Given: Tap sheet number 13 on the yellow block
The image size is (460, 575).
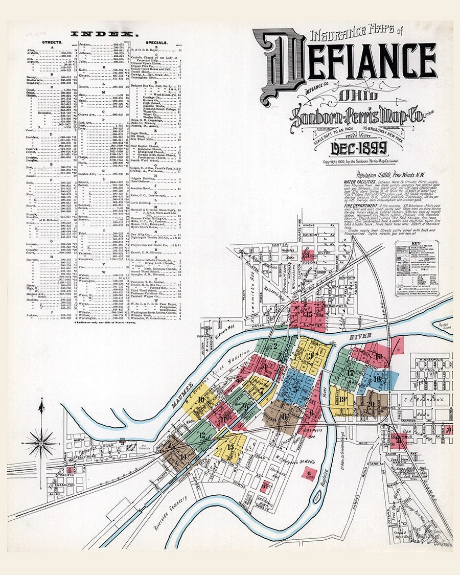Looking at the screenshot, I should click(231, 446).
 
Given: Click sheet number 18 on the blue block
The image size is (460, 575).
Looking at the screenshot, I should click(377, 379).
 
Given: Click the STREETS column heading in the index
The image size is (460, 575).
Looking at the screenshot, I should click(51, 43).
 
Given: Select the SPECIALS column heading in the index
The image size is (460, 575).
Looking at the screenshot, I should click(157, 43).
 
